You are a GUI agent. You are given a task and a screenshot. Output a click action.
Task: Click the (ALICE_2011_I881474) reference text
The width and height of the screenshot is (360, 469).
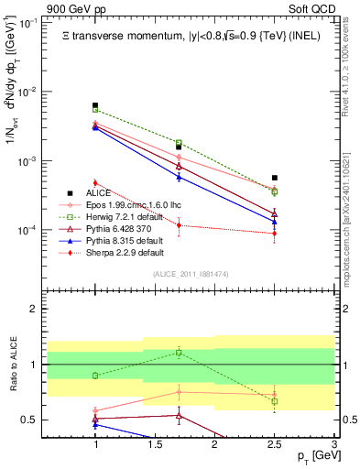point(191,274)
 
